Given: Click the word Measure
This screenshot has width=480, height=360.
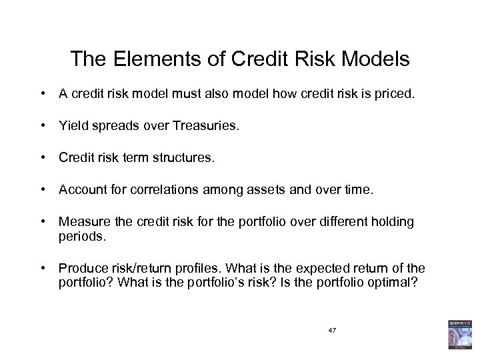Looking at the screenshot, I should coord(81,221).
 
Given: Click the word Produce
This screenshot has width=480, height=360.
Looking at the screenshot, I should coord(80,268).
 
